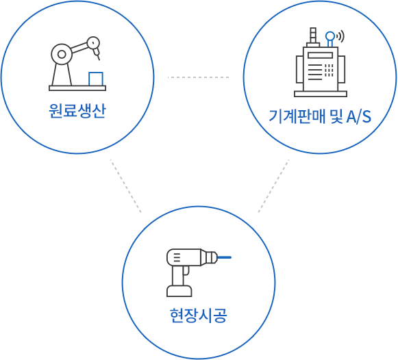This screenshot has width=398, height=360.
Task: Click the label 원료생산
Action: (x=77, y=111)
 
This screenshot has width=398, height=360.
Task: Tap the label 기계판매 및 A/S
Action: (x=320, y=116)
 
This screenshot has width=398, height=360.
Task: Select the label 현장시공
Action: (x=199, y=316)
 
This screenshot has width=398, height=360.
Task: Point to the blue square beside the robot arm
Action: (x=96, y=79)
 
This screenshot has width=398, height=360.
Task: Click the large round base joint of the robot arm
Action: (x=62, y=54)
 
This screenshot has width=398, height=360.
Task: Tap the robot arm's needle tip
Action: (x=99, y=59)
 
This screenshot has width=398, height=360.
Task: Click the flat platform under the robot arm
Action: (x=77, y=88)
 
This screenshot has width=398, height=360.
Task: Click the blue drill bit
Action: (x=225, y=257)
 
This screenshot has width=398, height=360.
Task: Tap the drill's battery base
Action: (x=179, y=291)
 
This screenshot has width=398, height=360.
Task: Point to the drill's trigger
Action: (x=186, y=270)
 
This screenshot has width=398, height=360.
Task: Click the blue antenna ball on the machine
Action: (x=330, y=36)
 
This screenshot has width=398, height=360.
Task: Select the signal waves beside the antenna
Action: (x=340, y=36)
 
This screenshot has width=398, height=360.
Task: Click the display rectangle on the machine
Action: (x=320, y=55)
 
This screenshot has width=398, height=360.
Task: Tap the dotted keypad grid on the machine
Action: (x=329, y=70)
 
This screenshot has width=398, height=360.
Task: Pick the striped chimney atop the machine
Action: (x=313, y=35)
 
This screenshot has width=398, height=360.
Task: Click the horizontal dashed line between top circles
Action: (x=198, y=77)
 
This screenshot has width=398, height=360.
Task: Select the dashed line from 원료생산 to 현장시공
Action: (x=125, y=186)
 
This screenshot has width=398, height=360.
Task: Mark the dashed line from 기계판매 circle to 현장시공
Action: (x=273, y=186)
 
